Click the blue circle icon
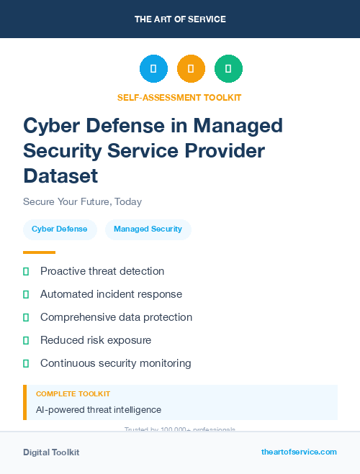click(153, 69)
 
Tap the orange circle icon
click(191, 69)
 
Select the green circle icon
click(228, 69)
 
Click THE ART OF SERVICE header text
click(180, 19)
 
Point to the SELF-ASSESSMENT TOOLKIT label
click(179, 97)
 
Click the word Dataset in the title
click(60, 175)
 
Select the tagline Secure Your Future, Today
click(82, 201)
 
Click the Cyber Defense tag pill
click(60, 229)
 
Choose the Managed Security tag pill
click(148, 229)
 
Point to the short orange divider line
click(39, 252)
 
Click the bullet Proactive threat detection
click(102, 271)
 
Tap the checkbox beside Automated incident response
click(26, 294)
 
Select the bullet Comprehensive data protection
click(116, 317)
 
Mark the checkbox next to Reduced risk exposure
click(26, 340)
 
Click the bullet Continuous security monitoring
click(115, 363)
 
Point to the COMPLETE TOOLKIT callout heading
click(73, 394)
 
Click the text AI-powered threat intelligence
click(99, 410)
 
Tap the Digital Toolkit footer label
click(51, 452)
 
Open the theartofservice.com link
click(299, 452)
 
